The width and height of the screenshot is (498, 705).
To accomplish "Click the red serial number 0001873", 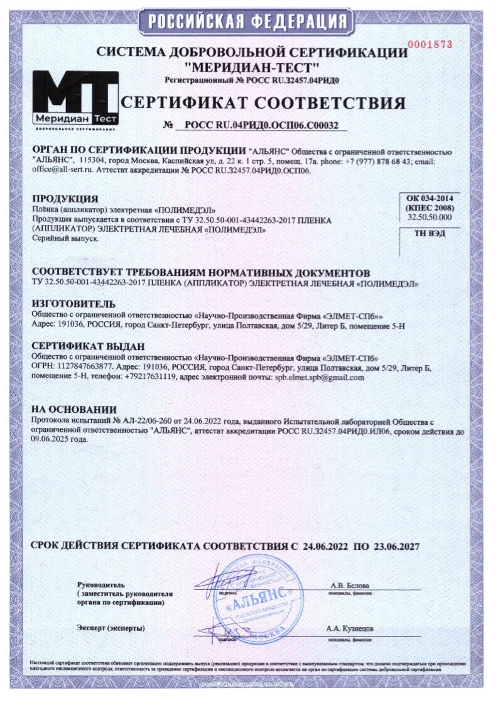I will pos(430,44).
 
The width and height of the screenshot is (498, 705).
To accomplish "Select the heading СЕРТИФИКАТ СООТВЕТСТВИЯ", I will pos(263,103).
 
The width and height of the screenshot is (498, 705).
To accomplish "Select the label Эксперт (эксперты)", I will pos(111,628).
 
